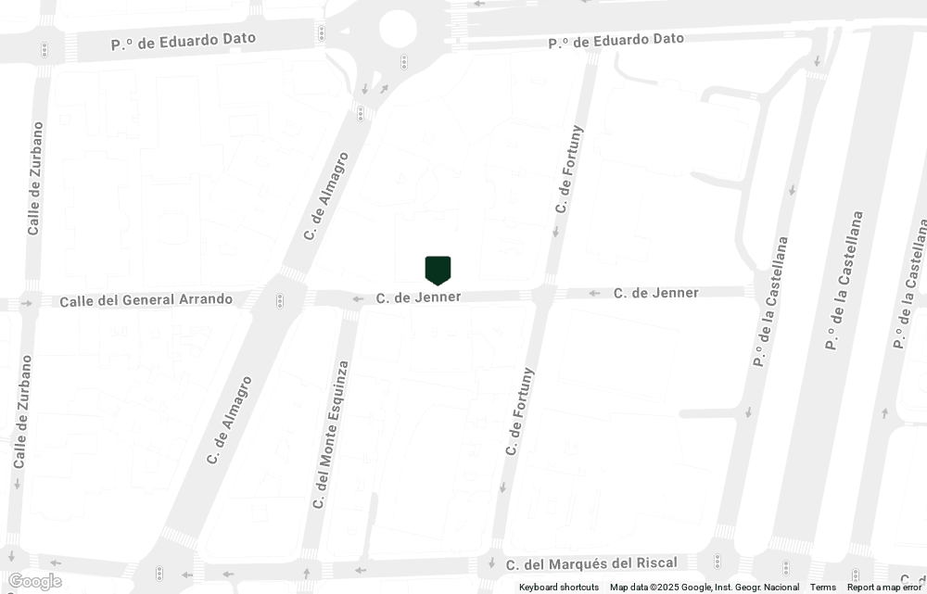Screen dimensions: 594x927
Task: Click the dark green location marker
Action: click(x=438, y=270)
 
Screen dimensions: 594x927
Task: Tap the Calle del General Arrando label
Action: click(x=146, y=300)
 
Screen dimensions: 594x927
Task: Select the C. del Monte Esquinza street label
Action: click(x=330, y=434)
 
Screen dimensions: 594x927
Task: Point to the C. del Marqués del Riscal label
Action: click(x=591, y=563)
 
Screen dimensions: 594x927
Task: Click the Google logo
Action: click(x=33, y=581)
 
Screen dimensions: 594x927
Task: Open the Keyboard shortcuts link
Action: click(x=559, y=588)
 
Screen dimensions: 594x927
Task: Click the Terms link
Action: click(x=822, y=588)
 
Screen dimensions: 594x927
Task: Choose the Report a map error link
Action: click(x=884, y=588)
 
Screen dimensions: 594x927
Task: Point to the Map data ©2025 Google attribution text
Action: click(x=705, y=588)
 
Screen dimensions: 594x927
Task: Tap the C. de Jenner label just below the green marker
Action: click(x=418, y=297)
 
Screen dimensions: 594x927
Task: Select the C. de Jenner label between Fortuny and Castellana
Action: click(x=655, y=293)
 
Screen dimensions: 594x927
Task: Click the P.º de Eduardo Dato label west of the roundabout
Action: click(x=184, y=41)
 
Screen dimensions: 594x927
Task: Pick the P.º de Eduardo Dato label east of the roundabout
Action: click(x=616, y=41)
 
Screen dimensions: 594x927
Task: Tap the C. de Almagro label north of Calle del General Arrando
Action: click(x=325, y=196)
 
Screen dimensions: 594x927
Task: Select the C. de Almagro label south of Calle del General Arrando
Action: click(x=228, y=419)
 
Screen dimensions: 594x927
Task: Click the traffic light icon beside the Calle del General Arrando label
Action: click(x=279, y=301)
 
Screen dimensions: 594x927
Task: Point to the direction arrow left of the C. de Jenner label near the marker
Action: click(x=357, y=298)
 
